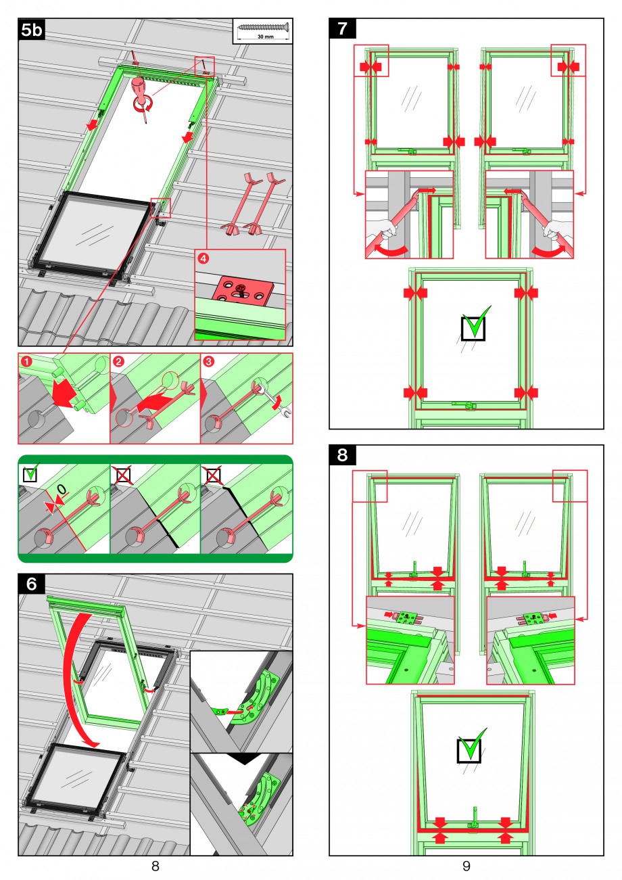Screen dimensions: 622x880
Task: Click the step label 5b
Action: (x=31, y=30)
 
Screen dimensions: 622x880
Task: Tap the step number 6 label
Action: (x=31, y=584)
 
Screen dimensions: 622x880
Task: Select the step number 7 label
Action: (x=342, y=28)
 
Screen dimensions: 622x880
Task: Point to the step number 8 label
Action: (x=342, y=455)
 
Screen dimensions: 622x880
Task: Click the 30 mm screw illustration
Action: (x=264, y=27)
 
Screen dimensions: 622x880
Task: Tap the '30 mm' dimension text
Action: (x=266, y=37)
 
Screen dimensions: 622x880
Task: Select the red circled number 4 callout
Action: (x=204, y=258)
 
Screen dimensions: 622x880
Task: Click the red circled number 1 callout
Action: (x=26, y=361)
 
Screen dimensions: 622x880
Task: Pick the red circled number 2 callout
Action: (x=118, y=361)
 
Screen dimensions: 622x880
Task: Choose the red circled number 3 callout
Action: (x=208, y=361)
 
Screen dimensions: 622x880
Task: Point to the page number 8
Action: (x=155, y=866)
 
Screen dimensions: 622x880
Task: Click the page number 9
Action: (x=466, y=866)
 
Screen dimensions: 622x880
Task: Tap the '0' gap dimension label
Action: (x=62, y=490)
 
